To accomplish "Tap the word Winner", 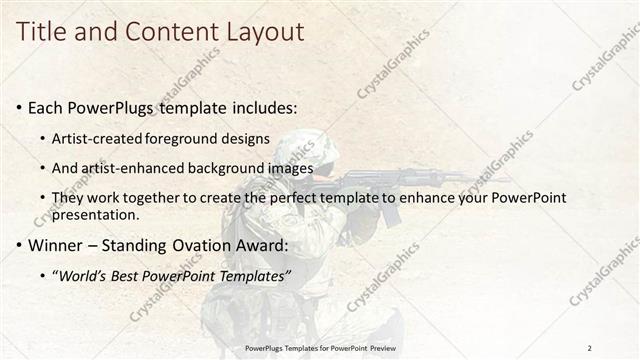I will (x=56, y=245).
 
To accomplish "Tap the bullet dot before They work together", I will (x=42, y=199).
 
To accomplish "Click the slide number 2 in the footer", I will (x=590, y=347).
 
